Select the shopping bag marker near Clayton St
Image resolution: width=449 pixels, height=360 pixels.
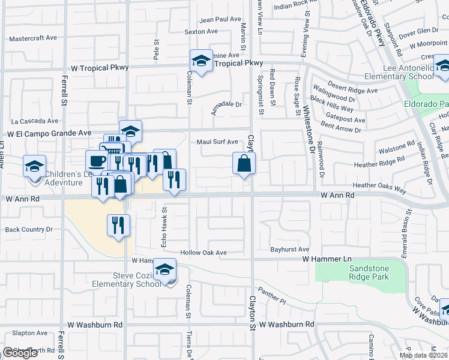click(x=244, y=163)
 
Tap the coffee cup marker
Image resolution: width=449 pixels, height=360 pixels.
click(x=97, y=161)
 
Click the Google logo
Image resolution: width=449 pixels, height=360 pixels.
click(x=20, y=353)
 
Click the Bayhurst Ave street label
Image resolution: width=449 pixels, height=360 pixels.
click(x=289, y=249)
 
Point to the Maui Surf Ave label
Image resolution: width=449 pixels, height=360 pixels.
click(x=218, y=142)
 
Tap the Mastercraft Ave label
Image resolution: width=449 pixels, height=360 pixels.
click(x=33, y=38)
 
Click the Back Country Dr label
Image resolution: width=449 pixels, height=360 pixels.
click(x=29, y=229)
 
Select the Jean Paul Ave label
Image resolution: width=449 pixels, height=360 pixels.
click(x=220, y=19)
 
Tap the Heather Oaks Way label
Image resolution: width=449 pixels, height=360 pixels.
click(x=379, y=186)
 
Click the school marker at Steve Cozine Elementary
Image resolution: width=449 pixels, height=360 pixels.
click(x=164, y=269)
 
